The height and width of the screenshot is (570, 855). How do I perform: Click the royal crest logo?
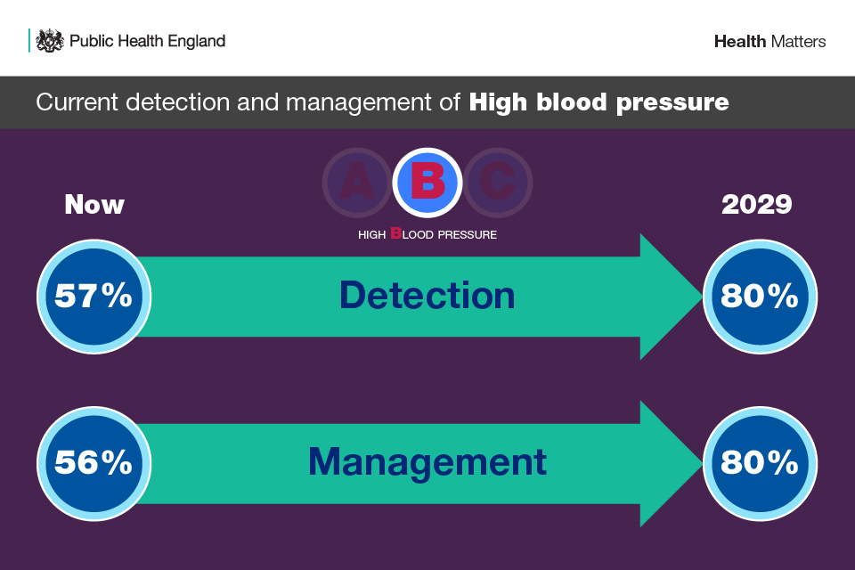coord(50,41)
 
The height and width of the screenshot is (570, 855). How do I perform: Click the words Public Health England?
coord(147,42)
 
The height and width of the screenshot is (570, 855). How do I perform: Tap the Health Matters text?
coord(769,42)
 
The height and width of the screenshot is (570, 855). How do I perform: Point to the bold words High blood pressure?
coord(598,102)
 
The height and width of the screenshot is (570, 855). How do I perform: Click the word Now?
coord(94,205)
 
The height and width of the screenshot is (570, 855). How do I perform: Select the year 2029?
coord(756,205)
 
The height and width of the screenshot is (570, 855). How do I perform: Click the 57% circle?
coord(94,297)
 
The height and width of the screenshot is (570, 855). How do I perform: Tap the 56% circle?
coord(94,464)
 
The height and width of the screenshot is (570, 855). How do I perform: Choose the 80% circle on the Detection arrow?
coord(760,297)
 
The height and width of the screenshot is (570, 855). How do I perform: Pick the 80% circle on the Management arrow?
coord(760,464)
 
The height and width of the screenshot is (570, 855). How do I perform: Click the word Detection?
coord(427,295)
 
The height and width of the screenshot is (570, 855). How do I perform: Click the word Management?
coord(427,462)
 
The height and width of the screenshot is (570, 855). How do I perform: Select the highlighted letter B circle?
coord(427,183)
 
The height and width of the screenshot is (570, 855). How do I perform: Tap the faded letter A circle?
coord(357,183)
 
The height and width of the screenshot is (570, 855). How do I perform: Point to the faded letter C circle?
coord(498,183)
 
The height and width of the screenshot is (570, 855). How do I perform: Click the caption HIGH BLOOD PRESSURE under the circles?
coord(427,234)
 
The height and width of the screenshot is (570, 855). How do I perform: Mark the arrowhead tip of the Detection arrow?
coord(703,297)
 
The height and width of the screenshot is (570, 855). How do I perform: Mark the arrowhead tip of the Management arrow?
coord(703,464)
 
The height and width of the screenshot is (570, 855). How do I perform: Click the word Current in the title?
coord(77,102)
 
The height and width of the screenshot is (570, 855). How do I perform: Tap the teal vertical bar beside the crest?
coord(28,41)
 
